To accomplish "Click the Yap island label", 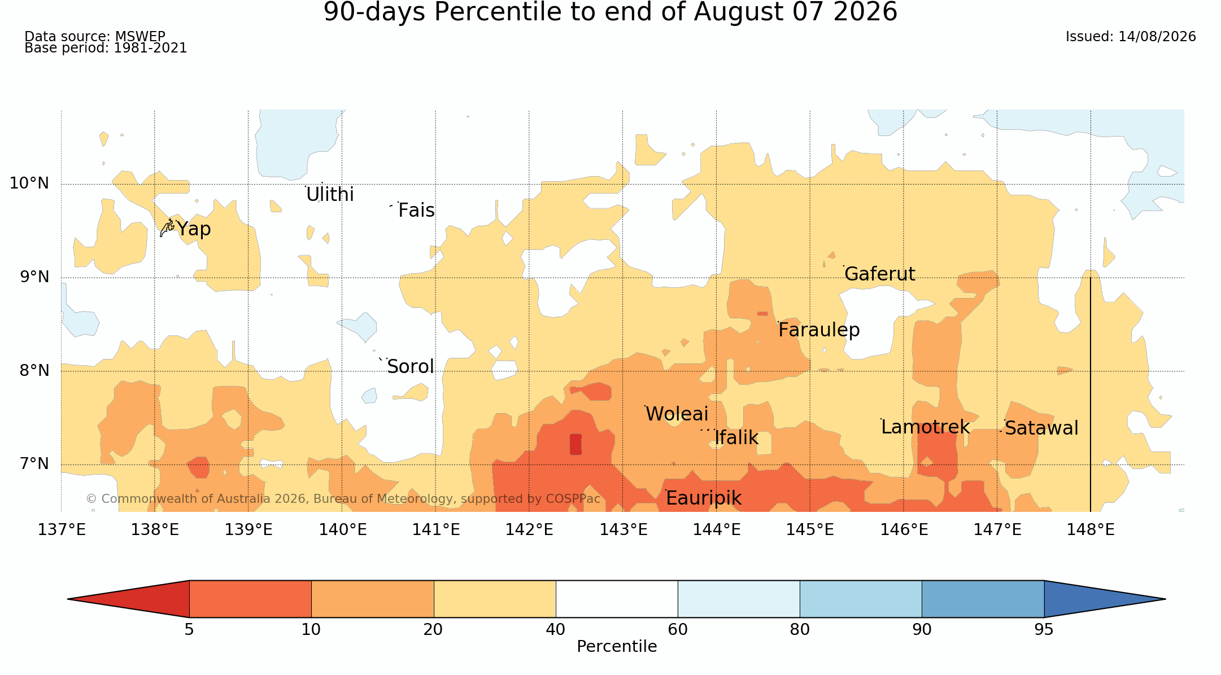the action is (x=194, y=229).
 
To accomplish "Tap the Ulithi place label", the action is (x=330, y=195).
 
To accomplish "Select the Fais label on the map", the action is (x=416, y=211).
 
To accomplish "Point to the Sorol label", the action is (x=411, y=367).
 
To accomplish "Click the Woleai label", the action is (x=677, y=414).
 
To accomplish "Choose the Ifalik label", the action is (x=736, y=438).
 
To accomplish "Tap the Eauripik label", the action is (x=704, y=498).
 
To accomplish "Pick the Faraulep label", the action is (x=819, y=330).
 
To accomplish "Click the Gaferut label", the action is (x=880, y=274).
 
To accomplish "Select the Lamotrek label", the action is (x=926, y=427).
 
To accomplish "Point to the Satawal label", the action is (x=1041, y=428).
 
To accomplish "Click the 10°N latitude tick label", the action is (x=29, y=183).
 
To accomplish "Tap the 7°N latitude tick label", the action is (x=34, y=464).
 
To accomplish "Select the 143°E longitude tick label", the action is (x=623, y=530).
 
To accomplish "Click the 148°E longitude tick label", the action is (x=1091, y=530).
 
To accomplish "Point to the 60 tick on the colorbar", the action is (x=678, y=630).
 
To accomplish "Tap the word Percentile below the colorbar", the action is (x=617, y=647).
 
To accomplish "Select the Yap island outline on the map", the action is (x=167, y=228).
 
